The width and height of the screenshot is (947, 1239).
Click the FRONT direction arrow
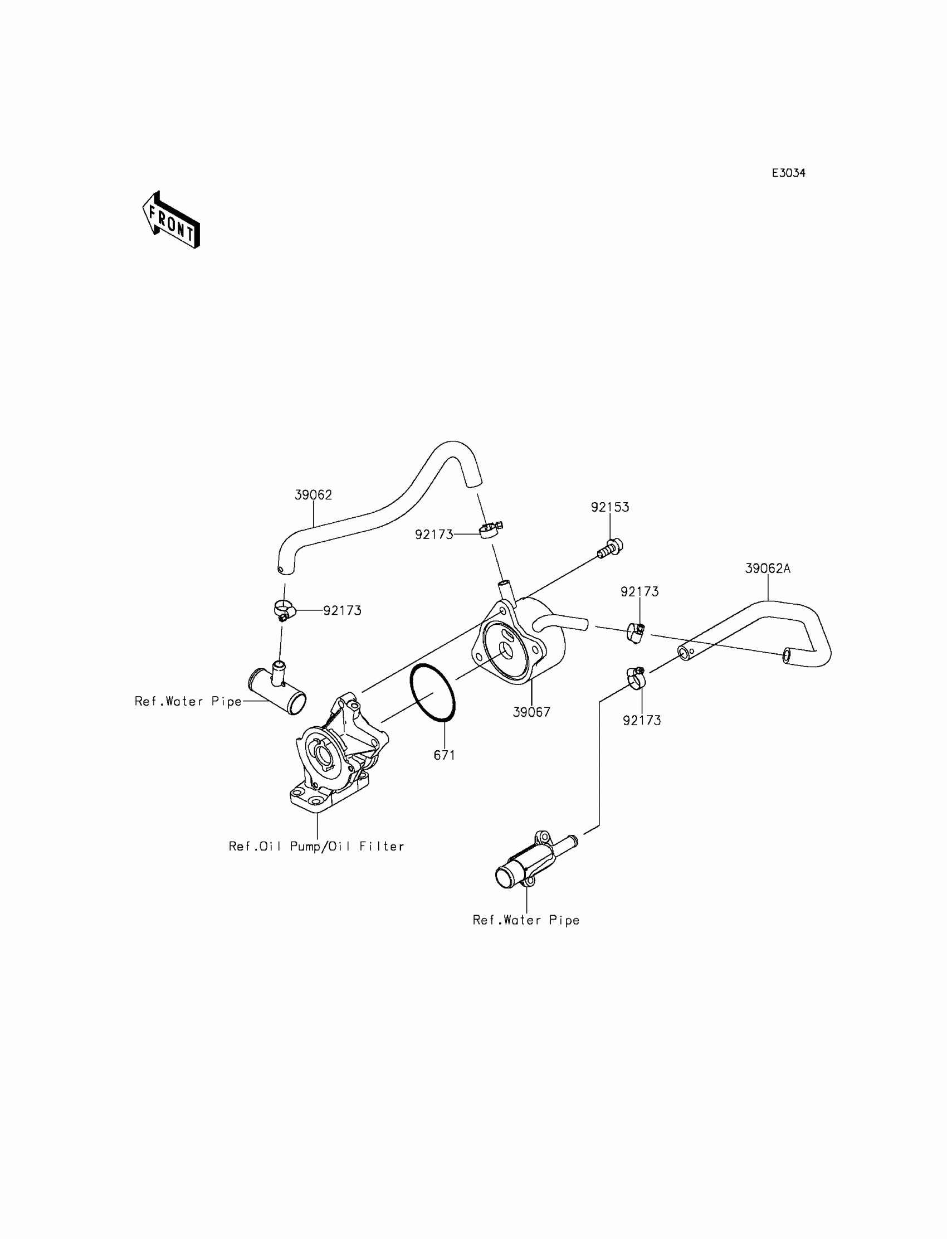171,221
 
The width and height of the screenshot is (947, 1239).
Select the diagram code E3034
788,173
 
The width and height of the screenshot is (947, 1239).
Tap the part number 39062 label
313,494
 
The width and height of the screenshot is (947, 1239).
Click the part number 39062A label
767,569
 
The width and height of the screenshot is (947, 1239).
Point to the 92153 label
609,507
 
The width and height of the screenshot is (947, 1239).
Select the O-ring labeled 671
433,693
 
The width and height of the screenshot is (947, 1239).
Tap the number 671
444,755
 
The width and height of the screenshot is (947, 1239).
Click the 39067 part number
531,712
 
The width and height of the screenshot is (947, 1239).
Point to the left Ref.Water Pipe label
188,702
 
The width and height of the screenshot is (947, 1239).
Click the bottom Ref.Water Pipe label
526,920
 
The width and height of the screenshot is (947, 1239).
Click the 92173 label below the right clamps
642,720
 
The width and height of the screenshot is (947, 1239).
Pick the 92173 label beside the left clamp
342,611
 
